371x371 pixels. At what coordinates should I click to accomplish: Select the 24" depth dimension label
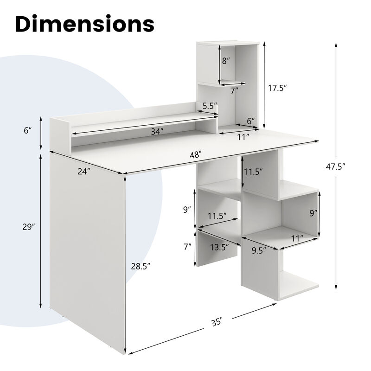83,172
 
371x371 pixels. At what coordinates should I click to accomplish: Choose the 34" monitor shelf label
157,132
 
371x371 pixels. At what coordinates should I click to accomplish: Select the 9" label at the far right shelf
313,213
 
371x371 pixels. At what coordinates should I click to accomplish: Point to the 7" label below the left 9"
187,247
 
